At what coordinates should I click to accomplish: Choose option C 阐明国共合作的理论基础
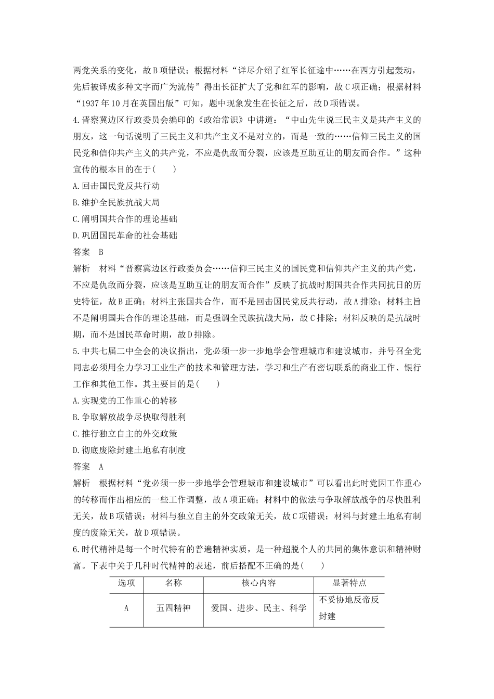coord(125,219)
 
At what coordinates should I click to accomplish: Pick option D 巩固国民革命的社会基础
coord(125,236)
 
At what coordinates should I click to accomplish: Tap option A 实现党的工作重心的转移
coord(125,400)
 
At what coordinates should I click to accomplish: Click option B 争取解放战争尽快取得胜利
coord(129,417)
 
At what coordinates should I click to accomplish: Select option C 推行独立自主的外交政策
coord(125,434)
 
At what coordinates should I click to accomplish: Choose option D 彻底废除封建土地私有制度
coord(129,450)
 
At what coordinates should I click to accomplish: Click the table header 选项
coord(126,583)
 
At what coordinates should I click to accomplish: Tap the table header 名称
coord(174,583)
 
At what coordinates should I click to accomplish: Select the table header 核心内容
coord(259,583)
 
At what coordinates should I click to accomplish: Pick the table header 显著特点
coord(349,583)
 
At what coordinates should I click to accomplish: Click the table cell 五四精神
coord(174,607)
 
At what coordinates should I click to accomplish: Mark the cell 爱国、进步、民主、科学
coord(259,607)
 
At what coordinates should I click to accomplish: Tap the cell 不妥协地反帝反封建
coord(349,607)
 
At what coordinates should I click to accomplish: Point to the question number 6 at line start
coord(76,549)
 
